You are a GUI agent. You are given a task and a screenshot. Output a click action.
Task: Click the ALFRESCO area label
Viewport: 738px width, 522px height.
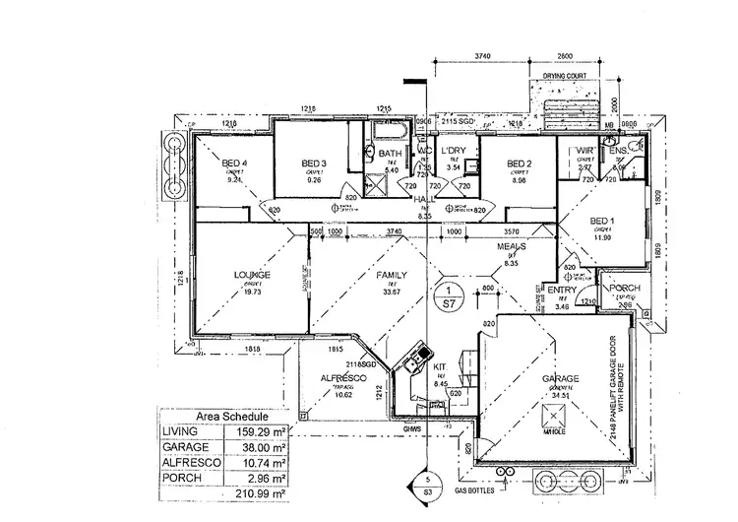click(344, 378)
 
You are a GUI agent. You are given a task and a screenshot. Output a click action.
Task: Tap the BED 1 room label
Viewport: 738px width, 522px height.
click(602, 222)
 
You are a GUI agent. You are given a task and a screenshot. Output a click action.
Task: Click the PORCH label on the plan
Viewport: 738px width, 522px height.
click(626, 289)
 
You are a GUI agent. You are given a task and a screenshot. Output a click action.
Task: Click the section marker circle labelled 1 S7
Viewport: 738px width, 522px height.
click(448, 297)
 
